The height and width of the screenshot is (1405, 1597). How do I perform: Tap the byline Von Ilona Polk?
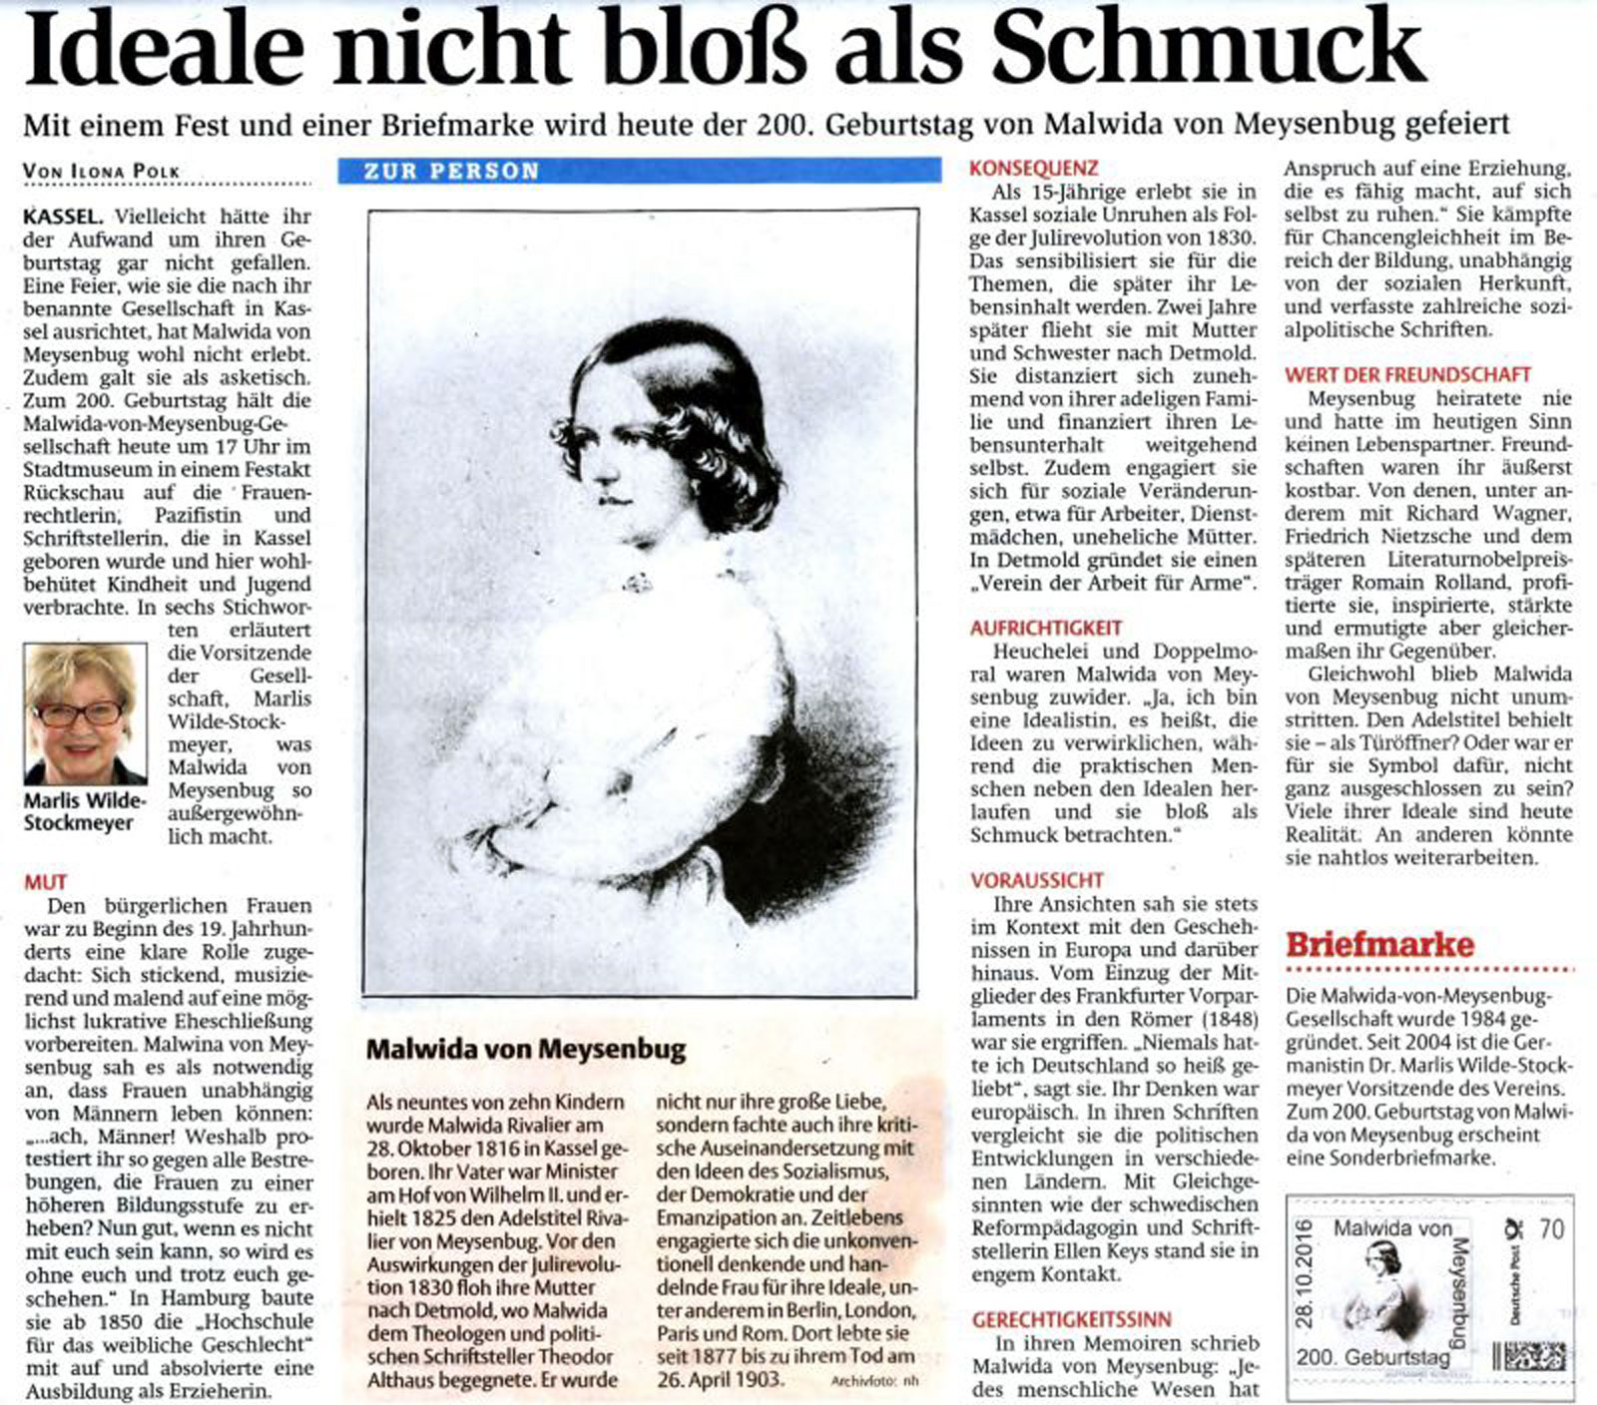pyautogui.click(x=101, y=172)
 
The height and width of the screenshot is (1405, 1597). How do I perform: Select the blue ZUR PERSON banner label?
pyautogui.click(x=451, y=171)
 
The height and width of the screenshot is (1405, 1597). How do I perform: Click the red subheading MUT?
pyautogui.click(x=46, y=882)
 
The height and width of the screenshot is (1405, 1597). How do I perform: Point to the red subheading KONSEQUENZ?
pyautogui.click(x=1033, y=169)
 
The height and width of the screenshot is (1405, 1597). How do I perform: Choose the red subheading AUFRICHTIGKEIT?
pyautogui.click(x=1046, y=629)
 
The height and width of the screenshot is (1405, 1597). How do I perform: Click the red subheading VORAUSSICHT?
pyautogui.click(x=1037, y=880)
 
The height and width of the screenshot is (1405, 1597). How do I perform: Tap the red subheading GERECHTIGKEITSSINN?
pyautogui.click(x=1072, y=1320)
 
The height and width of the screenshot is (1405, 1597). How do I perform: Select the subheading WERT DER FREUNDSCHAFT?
pyautogui.click(x=1407, y=375)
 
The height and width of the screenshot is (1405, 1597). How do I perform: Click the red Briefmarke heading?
pyautogui.click(x=1379, y=944)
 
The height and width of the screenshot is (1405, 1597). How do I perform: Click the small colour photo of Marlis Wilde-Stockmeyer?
pyautogui.click(x=85, y=713)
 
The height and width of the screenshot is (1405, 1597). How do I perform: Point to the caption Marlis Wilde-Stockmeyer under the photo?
pyautogui.click(x=84, y=812)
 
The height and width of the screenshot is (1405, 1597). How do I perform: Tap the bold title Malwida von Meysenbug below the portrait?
pyautogui.click(x=526, y=1050)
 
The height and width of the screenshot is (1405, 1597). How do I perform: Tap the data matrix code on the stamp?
pyautogui.click(x=1529, y=1358)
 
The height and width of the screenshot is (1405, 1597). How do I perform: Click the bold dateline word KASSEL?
pyautogui.click(x=62, y=217)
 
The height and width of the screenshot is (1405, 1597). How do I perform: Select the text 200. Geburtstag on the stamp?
pyautogui.click(x=1372, y=1358)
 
